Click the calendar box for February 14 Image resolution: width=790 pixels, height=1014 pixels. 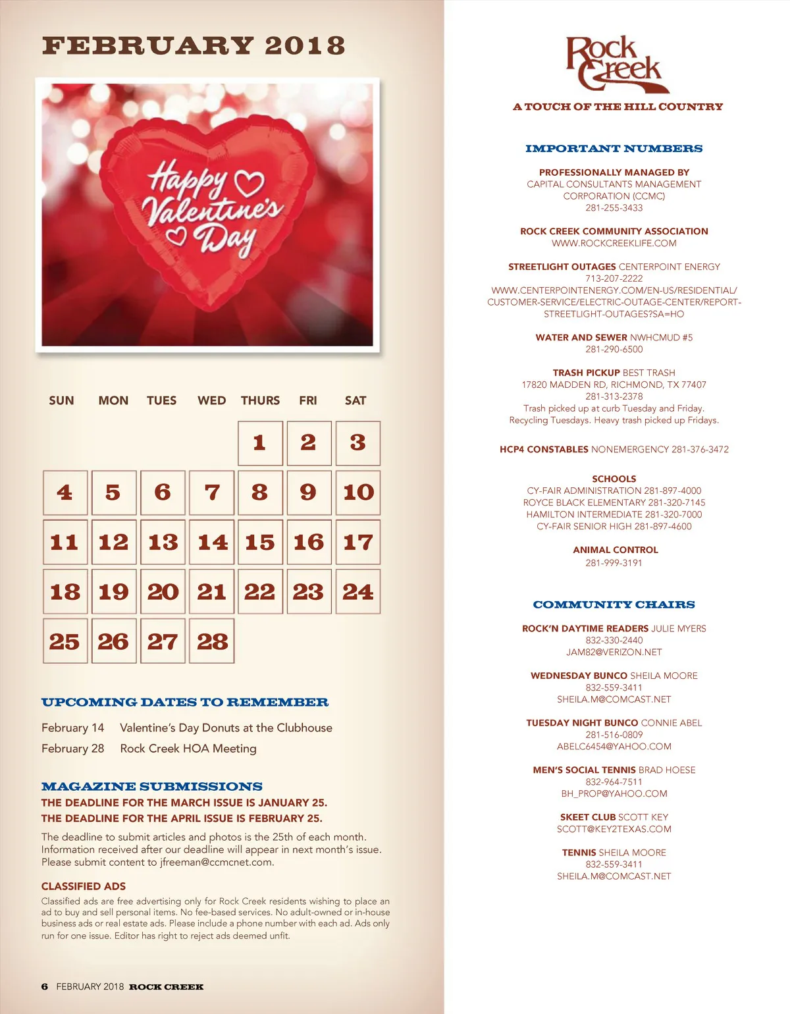[211, 542]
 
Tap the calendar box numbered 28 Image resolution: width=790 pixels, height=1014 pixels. [211, 641]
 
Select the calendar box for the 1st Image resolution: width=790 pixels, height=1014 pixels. [260, 443]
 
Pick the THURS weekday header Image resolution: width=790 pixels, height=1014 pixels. [260, 400]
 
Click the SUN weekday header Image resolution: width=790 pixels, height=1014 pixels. [61, 400]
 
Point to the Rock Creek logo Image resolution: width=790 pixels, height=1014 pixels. [615, 64]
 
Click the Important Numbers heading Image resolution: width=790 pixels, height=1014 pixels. [614, 149]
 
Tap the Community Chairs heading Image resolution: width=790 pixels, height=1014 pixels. [614, 604]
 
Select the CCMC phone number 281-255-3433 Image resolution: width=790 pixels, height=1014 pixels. [614, 208]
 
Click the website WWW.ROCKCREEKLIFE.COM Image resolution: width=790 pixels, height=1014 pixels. [614, 244]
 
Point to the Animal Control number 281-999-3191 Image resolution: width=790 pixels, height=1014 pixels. [614, 563]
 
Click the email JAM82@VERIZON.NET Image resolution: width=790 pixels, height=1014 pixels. [614, 653]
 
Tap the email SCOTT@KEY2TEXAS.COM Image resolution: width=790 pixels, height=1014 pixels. [614, 829]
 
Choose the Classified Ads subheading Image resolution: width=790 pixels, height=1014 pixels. [84, 886]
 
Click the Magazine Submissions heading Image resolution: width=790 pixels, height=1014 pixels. [151, 787]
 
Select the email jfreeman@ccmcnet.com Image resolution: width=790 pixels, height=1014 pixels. [216, 863]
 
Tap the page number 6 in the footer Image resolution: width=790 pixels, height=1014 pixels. [45, 986]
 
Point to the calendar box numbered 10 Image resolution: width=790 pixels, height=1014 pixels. [358, 493]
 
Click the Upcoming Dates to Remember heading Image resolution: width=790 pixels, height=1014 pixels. [184, 703]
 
